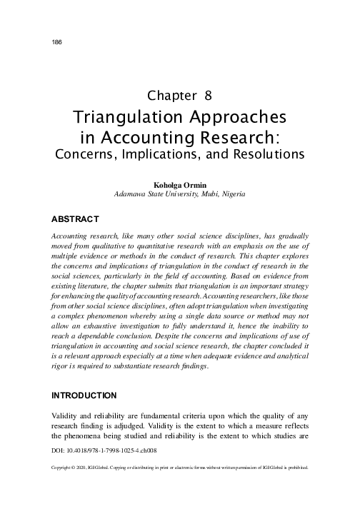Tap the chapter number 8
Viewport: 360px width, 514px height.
pos(207,94)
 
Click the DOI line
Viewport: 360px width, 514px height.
pos(105,451)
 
